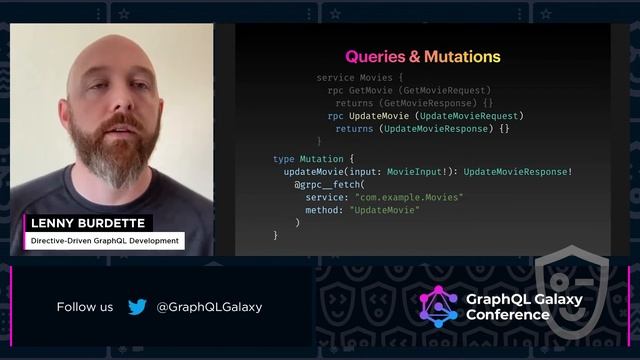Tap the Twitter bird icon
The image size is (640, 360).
[137, 307]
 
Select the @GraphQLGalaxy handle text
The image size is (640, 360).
[209, 307]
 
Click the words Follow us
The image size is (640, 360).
[85, 307]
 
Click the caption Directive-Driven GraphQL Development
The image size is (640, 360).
[105, 241]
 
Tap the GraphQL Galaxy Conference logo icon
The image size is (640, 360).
[438, 307]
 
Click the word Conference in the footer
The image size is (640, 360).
[508, 315]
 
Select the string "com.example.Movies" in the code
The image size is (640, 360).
[407, 198]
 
